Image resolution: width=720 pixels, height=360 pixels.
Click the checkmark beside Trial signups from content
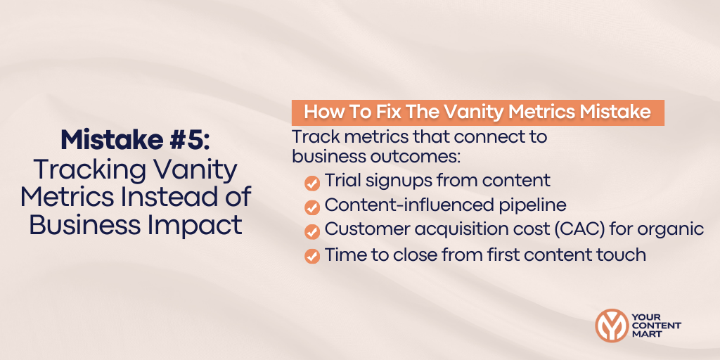(x=311, y=183)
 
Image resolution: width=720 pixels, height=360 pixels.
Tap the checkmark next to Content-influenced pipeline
(x=311, y=207)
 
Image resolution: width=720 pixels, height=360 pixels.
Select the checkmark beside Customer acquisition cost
(x=311, y=231)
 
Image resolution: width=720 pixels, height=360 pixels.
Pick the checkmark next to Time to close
(x=311, y=256)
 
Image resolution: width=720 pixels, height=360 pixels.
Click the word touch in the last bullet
(x=621, y=255)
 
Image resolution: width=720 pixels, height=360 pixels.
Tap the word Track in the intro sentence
(x=314, y=136)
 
